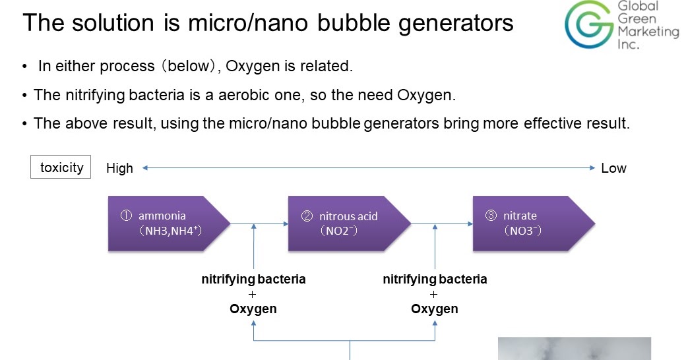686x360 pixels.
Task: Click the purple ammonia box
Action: point(168,224)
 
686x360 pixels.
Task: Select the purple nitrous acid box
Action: point(349,224)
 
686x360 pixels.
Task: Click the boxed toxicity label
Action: point(61,167)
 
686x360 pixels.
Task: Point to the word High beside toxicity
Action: point(119,168)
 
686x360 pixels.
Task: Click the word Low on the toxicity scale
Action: point(613,168)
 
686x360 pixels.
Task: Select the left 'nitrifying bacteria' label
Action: point(253,279)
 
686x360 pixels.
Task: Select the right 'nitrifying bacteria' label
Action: point(435,279)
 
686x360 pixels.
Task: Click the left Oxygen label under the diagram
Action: point(253,309)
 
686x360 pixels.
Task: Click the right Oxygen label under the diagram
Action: point(435,309)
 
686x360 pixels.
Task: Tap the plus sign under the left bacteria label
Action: point(253,294)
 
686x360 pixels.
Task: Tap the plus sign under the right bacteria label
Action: point(434,294)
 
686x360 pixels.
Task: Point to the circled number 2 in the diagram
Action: point(307,216)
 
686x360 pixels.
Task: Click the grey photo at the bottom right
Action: point(574,349)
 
